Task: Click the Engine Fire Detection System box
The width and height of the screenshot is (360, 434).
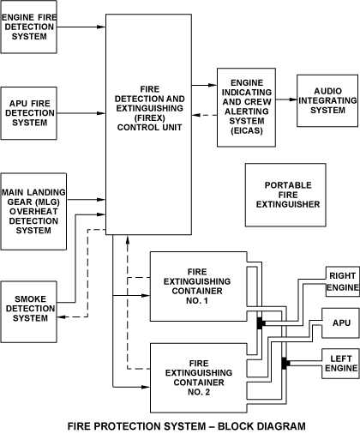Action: tap(28, 27)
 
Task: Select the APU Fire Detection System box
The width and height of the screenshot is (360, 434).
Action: tap(28, 113)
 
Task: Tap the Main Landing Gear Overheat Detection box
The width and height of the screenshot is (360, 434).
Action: tap(33, 212)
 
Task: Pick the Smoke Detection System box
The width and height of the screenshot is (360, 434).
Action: tap(28, 311)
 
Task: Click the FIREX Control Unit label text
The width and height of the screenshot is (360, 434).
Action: tap(149, 108)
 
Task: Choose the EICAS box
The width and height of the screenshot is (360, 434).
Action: tap(246, 107)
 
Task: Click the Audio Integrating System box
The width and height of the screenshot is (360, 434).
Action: tap(327, 100)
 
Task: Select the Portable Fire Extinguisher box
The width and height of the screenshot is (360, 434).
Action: tap(285, 195)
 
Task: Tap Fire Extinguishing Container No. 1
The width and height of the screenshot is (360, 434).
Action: tap(198, 286)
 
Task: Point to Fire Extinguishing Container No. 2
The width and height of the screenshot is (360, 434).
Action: tap(198, 378)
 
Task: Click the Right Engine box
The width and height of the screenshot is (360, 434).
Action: tap(343, 281)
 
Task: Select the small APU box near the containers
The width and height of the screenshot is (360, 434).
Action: tap(340, 323)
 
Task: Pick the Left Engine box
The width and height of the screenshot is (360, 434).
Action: tap(340, 364)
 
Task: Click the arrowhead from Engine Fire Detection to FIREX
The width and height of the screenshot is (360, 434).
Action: tap(101, 27)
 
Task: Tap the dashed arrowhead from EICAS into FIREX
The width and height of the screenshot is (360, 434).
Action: tap(196, 115)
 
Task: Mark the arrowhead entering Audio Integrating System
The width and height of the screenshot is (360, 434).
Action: tap(292, 99)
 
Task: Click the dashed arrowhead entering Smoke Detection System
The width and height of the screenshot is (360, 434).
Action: tap(62, 316)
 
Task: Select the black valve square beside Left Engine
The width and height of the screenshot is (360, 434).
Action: tap(285, 363)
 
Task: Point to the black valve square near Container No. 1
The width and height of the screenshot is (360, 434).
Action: tap(261, 323)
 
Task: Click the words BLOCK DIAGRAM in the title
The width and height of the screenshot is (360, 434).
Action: tap(261, 426)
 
